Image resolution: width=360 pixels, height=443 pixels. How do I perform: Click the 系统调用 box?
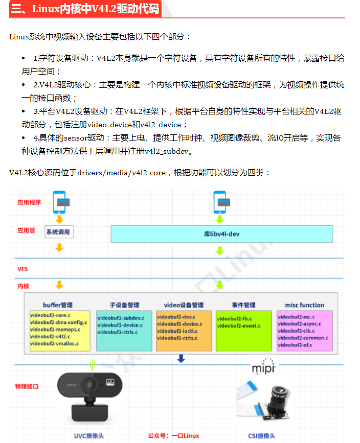point(60,232)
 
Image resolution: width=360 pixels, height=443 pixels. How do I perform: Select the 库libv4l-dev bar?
point(222,234)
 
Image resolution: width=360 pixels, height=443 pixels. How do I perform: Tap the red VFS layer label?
point(23,268)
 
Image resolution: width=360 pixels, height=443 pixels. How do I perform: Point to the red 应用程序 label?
point(29,202)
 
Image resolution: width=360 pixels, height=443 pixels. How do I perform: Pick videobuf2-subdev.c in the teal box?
point(121,317)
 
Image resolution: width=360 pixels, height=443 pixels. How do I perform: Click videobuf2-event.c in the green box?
point(239,325)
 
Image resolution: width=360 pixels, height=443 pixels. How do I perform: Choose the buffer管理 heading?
point(58,305)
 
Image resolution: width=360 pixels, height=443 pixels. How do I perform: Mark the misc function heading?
point(305,305)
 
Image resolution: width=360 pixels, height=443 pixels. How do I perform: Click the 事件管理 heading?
point(243,305)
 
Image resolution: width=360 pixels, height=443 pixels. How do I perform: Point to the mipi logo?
point(264,368)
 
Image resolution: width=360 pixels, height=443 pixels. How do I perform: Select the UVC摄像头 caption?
point(88,435)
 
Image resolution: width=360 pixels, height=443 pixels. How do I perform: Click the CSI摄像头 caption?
point(261,435)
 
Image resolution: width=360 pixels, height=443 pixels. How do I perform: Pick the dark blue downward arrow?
point(181,358)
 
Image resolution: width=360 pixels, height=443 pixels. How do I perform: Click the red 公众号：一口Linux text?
point(173,435)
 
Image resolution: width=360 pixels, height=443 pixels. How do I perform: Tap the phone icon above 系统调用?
point(60,201)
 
